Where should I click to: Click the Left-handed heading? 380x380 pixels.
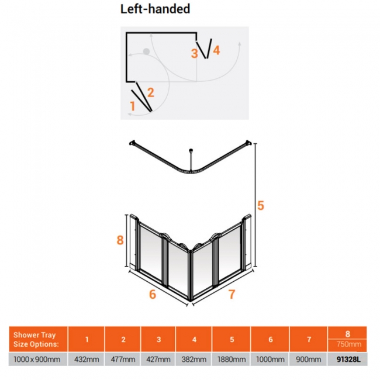pos(155,9)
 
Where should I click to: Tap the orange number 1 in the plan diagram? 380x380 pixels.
pos(132,106)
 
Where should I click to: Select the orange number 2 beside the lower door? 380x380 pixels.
pos(150,92)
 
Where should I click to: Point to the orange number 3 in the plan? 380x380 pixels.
pos(194,54)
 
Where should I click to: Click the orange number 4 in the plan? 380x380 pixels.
pos(216,50)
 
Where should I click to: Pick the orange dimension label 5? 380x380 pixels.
pos(261,206)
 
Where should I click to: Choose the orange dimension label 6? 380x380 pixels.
pos(153,295)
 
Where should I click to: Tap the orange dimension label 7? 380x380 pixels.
pos(232,295)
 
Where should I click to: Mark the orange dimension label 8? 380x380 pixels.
pos(120,240)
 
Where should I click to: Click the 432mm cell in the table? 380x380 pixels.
pos(87,359)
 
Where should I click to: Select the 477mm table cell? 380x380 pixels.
pos(123,359)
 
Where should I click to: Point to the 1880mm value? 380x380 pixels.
pos(232,359)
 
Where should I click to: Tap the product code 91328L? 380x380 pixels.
pos(348,359)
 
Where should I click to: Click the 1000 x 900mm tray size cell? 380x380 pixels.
pos(37,359)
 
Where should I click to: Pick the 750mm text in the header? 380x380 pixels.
pos(349,344)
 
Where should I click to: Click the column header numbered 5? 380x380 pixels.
pos(232,339)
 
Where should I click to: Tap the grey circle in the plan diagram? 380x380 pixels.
pos(146,51)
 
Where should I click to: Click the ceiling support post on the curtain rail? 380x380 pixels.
pos(191,160)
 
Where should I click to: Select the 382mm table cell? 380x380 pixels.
pos(194,359)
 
